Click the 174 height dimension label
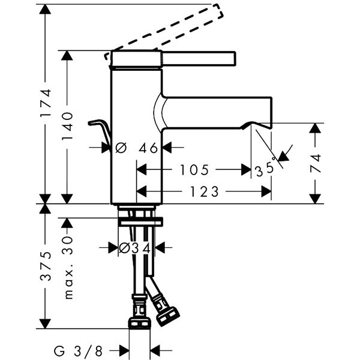(x=47, y=109)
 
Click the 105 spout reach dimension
(x=194, y=170)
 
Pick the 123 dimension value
(x=205, y=192)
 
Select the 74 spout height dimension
(x=316, y=164)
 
